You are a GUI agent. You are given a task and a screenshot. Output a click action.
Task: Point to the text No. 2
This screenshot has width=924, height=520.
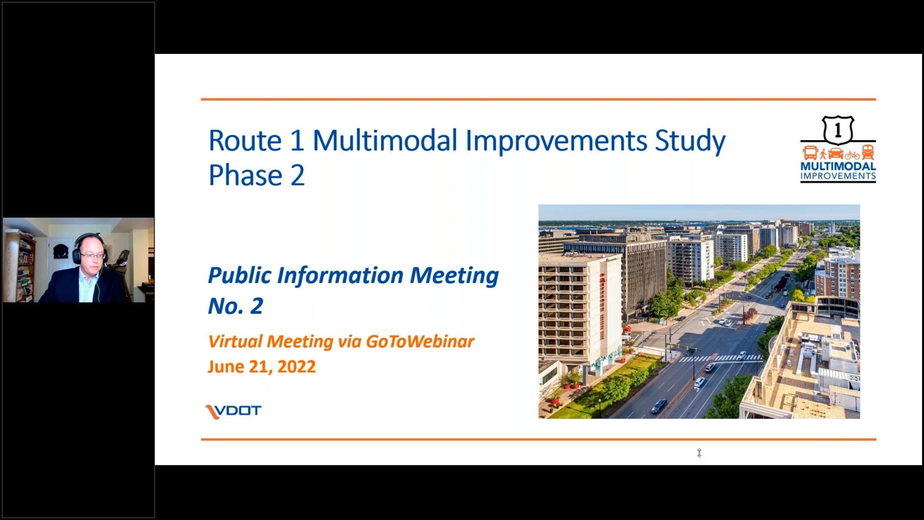coord(236,306)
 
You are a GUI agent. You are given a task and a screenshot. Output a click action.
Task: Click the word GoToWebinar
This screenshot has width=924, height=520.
coord(420,341)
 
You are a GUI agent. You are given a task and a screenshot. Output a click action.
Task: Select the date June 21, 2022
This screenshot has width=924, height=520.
coord(262,366)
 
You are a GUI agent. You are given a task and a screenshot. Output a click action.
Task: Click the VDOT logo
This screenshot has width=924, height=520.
coord(233,411)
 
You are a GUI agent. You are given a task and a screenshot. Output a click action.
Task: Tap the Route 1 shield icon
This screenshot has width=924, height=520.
coord(838,130)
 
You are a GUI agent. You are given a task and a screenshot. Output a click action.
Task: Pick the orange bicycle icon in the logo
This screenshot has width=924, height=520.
coord(852,155)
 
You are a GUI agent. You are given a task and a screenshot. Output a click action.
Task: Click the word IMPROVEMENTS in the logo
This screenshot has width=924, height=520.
coord(838,176)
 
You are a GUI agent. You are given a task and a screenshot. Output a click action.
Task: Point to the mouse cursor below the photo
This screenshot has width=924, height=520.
coord(699,453)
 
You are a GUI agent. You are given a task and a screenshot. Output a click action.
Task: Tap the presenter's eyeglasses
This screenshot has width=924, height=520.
coord(93,256)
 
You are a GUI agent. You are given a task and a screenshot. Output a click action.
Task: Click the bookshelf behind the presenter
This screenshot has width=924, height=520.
coord(19,266)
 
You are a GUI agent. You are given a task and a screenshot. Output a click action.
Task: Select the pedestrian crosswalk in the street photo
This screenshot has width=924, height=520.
coord(720,358)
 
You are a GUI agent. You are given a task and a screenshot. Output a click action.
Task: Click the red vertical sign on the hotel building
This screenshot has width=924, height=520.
coord(602,306)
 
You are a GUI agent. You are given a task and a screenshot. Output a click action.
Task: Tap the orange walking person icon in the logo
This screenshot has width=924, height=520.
coord(823,154)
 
